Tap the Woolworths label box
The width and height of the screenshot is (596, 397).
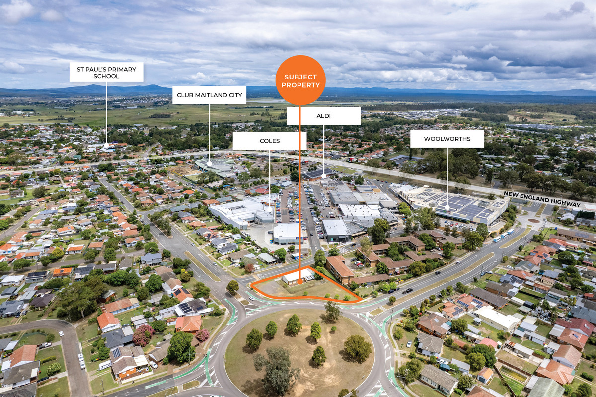click(x=447, y=139)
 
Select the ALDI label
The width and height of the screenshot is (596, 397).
click(x=323, y=116)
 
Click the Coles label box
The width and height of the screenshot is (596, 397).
click(x=269, y=141)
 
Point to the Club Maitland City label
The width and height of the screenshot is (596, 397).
click(x=209, y=95)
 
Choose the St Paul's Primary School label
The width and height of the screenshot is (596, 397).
click(x=106, y=72)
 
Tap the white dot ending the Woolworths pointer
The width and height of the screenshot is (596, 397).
click(x=447, y=207)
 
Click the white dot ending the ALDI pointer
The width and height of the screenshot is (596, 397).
click(x=323, y=175)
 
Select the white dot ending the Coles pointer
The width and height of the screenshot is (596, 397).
click(x=270, y=208)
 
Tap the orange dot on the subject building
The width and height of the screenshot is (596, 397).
click(x=300, y=282)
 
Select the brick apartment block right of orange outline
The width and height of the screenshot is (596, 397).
click(x=340, y=268)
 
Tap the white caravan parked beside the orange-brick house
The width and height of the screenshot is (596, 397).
click(x=105, y=365)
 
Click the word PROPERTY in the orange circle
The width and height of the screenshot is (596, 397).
click(x=300, y=85)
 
